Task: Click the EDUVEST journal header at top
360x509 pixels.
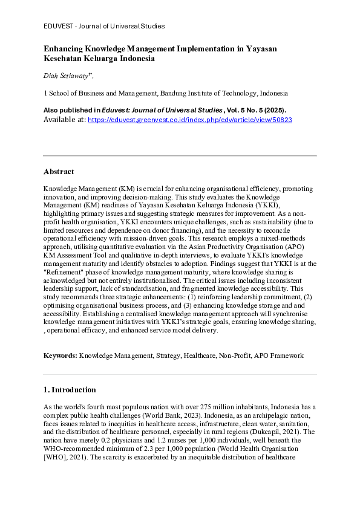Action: click(x=104, y=26)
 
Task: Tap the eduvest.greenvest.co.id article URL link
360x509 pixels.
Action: click(x=190, y=120)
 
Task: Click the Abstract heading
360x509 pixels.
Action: click(x=59, y=172)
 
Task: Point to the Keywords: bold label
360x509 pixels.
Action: click(x=61, y=355)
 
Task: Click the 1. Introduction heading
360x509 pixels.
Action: click(x=70, y=390)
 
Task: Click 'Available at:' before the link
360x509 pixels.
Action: click(x=64, y=120)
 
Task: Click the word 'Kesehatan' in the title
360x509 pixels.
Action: click(x=62, y=59)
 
